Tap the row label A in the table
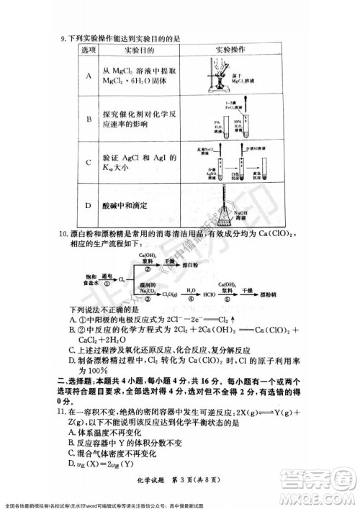click(88, 76)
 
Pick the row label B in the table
click(88, 120)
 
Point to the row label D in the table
click(88, 206)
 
